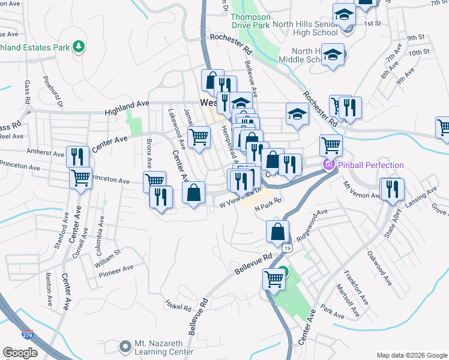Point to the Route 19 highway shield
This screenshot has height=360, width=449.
pos(288,247)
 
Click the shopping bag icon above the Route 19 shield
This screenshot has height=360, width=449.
pos(278,231)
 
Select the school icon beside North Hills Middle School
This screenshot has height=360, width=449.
pos(332,54)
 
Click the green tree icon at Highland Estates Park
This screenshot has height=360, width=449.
pos(77,46)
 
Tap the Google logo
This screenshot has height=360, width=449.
pos(20,353)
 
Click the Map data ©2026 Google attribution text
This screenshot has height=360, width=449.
pos(411,355)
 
